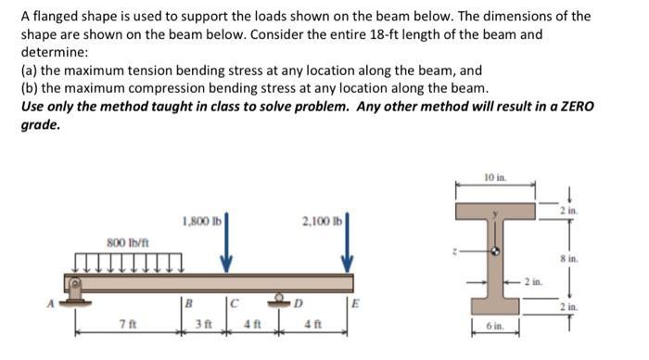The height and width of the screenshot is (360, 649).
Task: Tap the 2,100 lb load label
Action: pyautogui.click(x=323, y=222)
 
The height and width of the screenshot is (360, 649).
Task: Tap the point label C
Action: pyautogui.click(x=237, y=302)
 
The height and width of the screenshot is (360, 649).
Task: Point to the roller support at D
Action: pyautogui.click(x=282, y=288)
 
